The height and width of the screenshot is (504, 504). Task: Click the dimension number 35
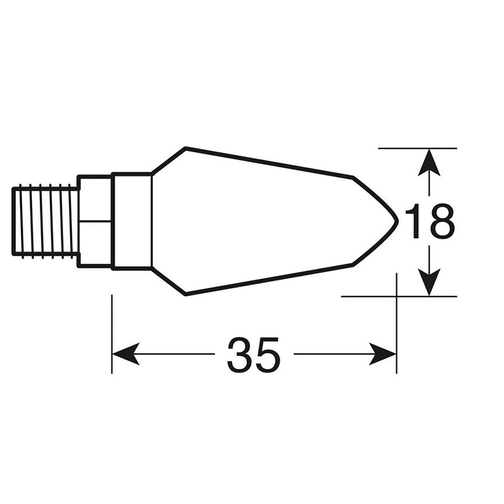[x=253, y=354]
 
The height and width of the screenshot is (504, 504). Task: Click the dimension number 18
[x=428, y=221]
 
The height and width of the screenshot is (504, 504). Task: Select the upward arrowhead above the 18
[x=429, y=161]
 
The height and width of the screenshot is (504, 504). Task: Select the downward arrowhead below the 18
[x=429, y=282]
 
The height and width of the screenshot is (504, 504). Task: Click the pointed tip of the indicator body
[x=397, y=221]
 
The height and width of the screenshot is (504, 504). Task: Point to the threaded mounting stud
[x=45, y=220]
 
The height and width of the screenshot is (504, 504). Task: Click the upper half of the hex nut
[x=95, y=198]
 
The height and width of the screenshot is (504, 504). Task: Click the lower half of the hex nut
[x=95, y=243]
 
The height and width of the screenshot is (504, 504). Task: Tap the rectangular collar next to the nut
[x=132, y=220]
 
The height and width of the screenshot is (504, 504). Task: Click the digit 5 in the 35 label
[x=267, y=354]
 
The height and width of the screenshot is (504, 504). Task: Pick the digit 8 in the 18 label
[x=440, y=221]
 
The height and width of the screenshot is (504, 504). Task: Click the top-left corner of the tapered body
[x=185, y=148]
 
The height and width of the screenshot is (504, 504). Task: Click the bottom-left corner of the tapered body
[x=186, y=294]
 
